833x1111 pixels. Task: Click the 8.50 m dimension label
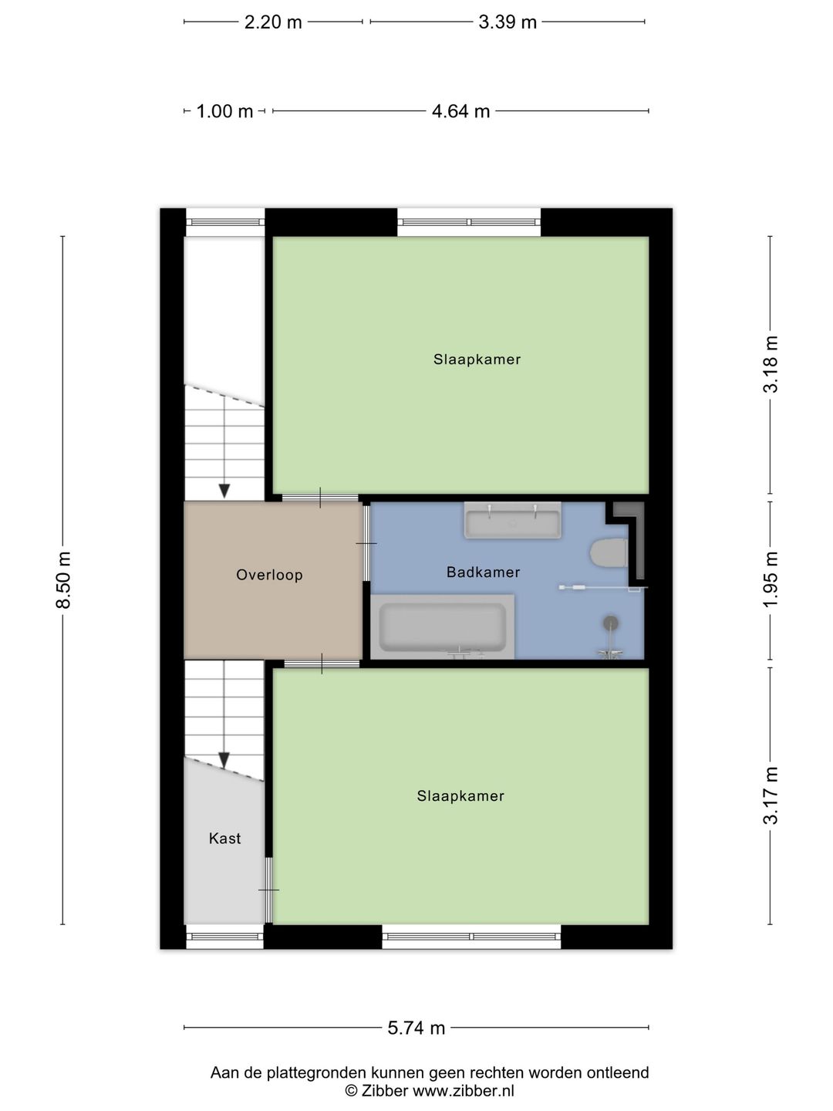click(63, 580)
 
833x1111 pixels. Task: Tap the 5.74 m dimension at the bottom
click(416, 1028)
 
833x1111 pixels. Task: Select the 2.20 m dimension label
click(273, 22)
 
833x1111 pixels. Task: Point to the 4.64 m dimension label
click(460, 111)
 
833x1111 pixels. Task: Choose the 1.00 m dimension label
click(224, 111)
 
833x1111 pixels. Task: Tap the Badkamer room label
click(483, 572)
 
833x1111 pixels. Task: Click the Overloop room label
click(269, 575)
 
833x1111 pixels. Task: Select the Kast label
click(224, 839)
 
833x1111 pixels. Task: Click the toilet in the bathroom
click(609, 553)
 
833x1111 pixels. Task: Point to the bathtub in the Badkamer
click(443, 626)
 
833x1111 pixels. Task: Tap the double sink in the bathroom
click(512, 522)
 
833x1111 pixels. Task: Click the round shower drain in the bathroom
click(611, 622)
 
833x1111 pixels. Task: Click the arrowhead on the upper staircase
click(224, 491)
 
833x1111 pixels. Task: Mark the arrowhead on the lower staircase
click(224, 761)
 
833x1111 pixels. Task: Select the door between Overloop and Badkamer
click(366, 544)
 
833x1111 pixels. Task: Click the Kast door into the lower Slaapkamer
click(268, 890)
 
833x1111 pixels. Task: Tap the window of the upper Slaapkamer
click(469, 223)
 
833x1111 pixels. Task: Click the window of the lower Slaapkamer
click(471, 937)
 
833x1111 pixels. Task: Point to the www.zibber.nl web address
click(463, 1091)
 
